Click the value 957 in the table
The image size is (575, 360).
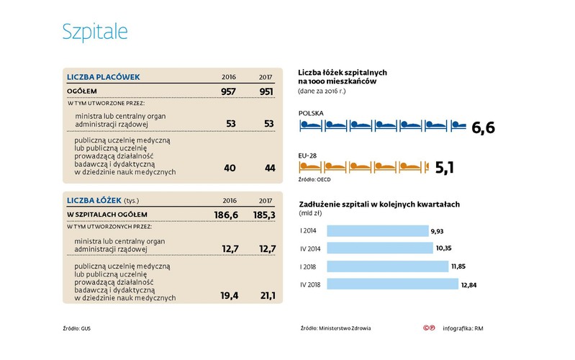click(x=227, y=91)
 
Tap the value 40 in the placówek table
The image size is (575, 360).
click(x=230, y=168)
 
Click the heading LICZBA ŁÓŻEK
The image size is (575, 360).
click(x=94, y=199)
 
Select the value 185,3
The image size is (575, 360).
click(x=262, y=215)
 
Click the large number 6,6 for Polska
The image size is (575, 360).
click(x=483, y=128)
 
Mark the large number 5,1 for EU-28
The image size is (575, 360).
click(x=447, y=168)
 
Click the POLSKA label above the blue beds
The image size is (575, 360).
click(x=311, y=113)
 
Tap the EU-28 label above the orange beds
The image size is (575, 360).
click(x=307, y=153)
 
